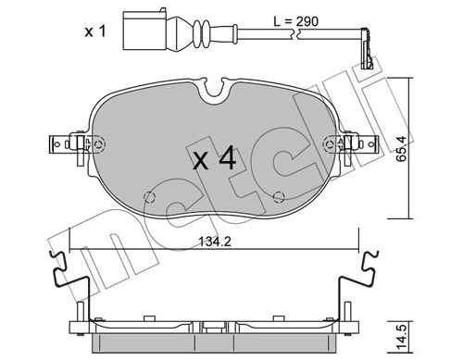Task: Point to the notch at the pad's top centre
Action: (x=218, y=91)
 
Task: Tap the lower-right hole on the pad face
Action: (x=279, y=195)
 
